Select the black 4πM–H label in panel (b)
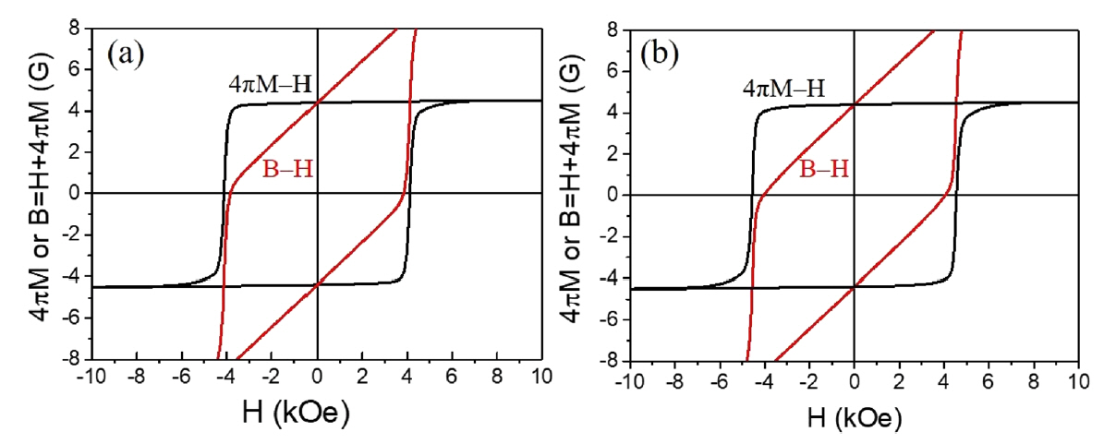pyautogui.click(x=782, y=90)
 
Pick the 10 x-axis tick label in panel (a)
pyautogui.click(x=541, y=378)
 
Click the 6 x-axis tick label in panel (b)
pyautogui.click(x=989, y=380)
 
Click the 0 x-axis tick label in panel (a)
pyautogui.click(x=318, y=378)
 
